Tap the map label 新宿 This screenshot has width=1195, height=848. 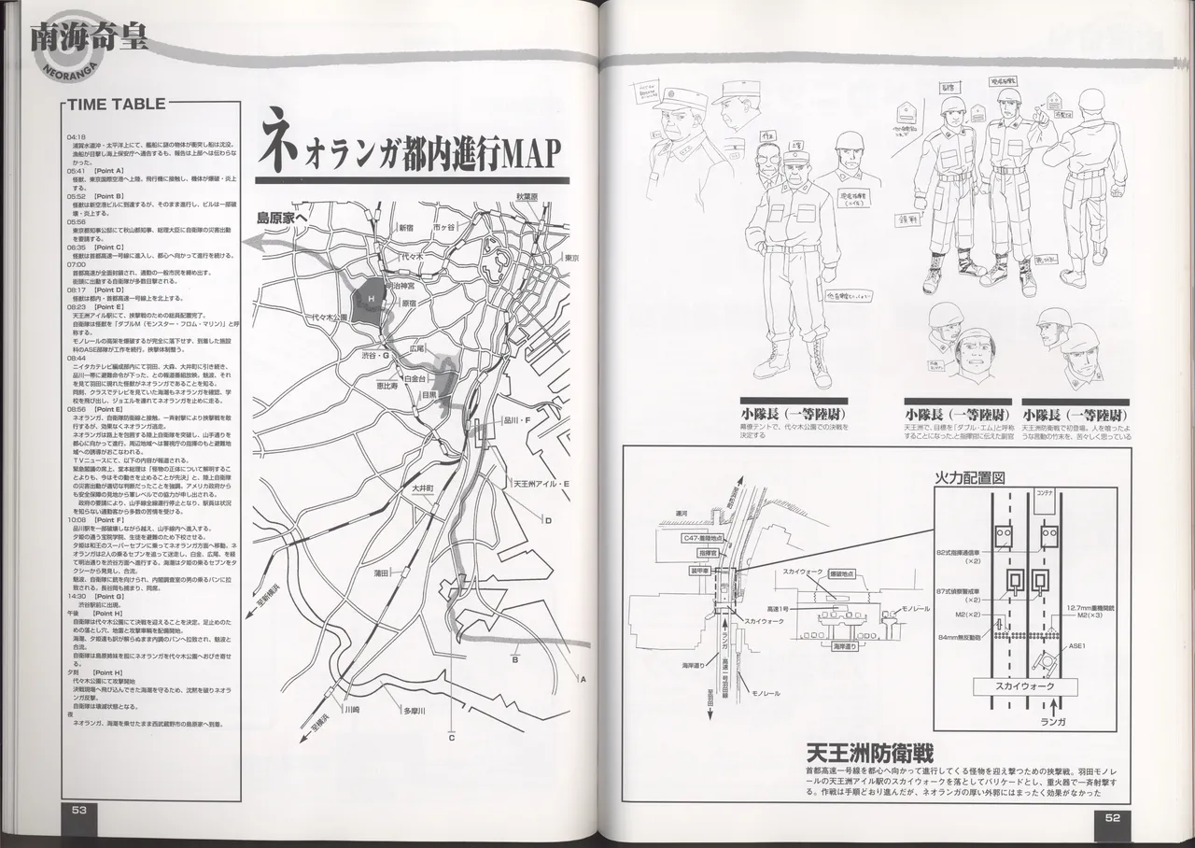[405, 227]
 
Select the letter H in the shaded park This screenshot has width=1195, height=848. [371, 298]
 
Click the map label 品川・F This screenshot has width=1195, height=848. [515, 421]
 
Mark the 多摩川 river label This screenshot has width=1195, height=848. [415, 711]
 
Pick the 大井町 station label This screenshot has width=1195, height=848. [422, 488]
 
